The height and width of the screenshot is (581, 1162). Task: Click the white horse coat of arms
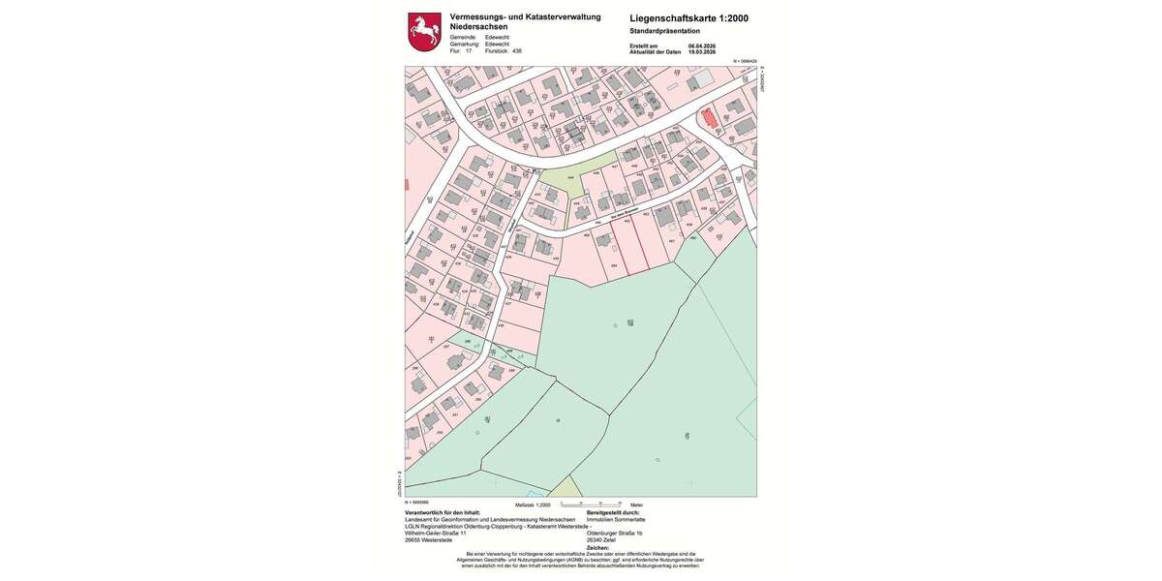coord(423,31)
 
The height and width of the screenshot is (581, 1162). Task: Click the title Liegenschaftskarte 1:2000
coord(688,17)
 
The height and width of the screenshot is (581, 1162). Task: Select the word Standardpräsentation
coord(664,31)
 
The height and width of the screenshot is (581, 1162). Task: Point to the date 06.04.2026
coord(701,46)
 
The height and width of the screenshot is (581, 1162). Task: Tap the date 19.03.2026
coord(701,51)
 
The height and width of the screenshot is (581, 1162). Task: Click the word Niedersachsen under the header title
coord(478,27)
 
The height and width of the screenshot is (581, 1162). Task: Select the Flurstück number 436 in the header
coord(517,51)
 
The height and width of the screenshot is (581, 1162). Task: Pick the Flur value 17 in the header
coord(469,51)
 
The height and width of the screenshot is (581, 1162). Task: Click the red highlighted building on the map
coord(710,117)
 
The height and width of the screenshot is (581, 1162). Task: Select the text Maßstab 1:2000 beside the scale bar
coord(533,505)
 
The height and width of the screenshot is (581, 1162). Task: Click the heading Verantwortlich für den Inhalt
coord(442,512)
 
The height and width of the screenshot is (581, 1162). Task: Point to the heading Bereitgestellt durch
coord(620,512)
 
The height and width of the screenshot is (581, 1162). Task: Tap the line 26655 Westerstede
coord(428,539)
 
